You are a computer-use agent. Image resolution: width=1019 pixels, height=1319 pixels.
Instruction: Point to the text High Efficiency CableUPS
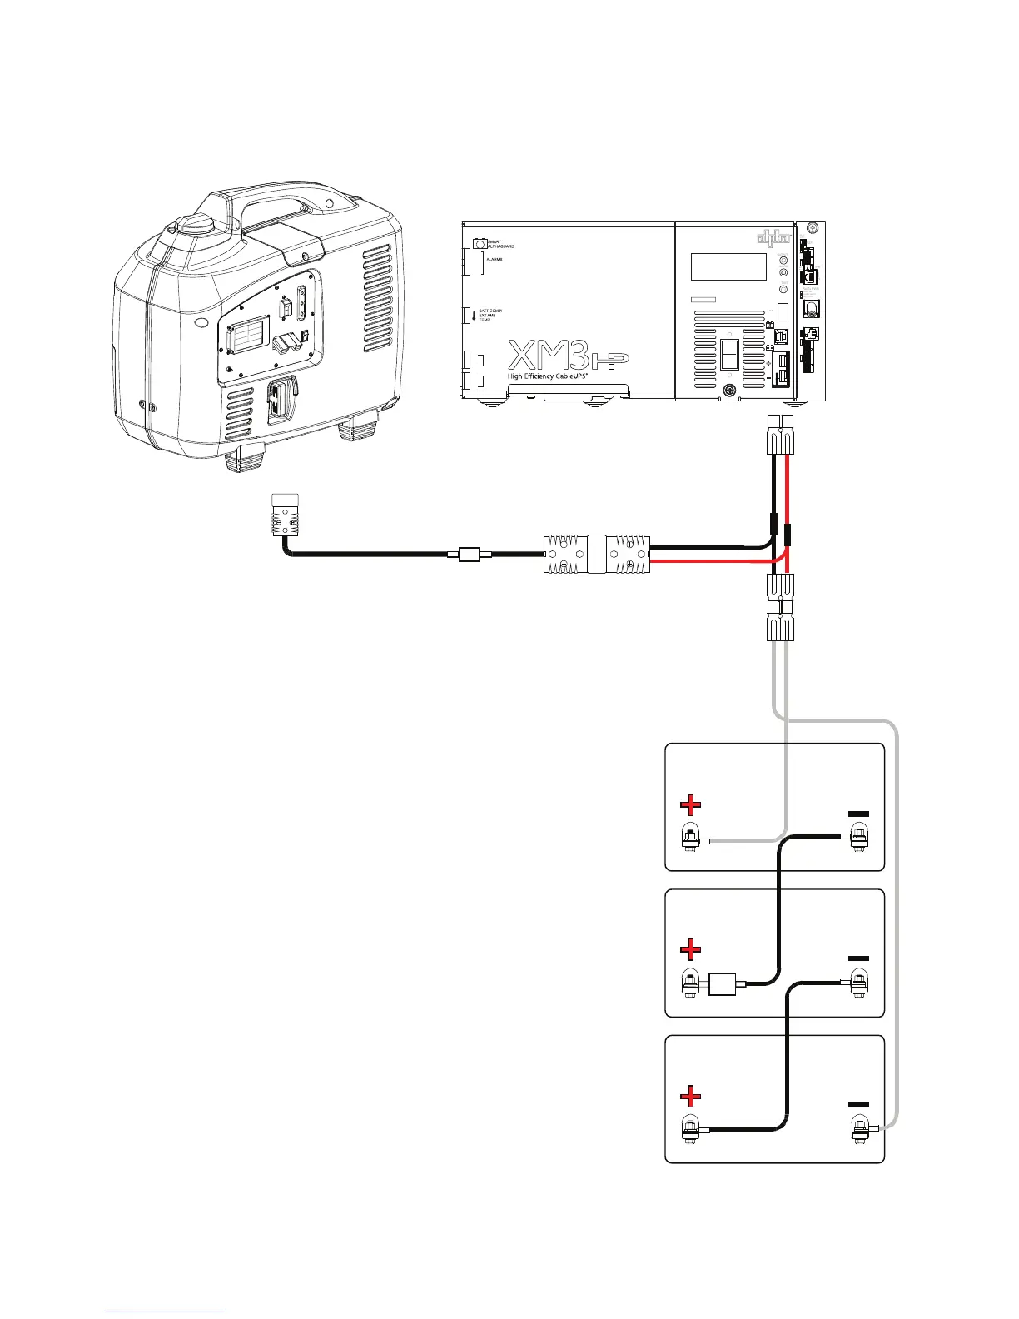click(553, 376)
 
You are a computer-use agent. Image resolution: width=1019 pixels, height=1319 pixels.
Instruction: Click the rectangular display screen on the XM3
click(728, 266)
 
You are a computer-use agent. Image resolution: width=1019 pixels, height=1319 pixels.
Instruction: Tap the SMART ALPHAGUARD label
click(500, 245)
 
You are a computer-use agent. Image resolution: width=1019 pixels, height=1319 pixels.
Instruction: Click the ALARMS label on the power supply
click(495, 260)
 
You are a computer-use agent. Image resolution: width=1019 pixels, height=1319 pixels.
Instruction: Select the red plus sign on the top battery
click(690, 804)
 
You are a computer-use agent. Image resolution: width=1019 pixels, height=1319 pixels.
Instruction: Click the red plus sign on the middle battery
click(690, 948)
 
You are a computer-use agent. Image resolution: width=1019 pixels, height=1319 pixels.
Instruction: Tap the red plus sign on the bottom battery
click(690, 1095)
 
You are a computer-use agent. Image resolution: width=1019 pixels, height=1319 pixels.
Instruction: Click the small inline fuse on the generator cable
click(471, 553)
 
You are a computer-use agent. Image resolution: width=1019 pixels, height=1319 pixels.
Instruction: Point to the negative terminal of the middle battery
click(859, 983)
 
